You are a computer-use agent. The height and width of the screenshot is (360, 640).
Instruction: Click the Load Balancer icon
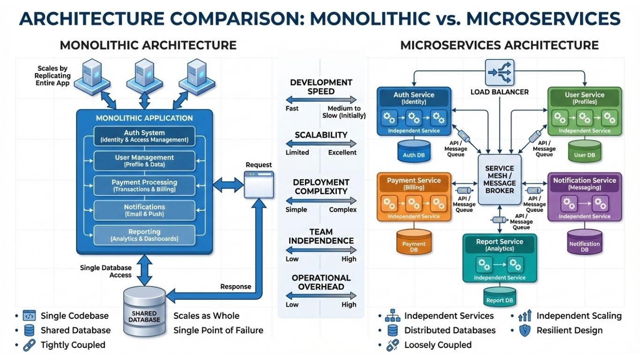[x=499, y=73]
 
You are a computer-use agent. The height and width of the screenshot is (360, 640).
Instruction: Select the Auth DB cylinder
[x=414, y=151]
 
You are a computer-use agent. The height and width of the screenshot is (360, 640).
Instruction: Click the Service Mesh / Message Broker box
[x=499, y=180]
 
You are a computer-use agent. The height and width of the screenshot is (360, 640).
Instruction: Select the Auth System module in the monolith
[x=144, y=136]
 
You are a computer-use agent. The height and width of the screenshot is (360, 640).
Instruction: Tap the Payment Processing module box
[x=144, y=186]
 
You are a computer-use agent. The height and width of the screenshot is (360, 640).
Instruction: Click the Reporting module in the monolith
[x=144, y=235]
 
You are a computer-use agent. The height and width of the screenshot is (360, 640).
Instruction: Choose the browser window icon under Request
[x=258, y=184]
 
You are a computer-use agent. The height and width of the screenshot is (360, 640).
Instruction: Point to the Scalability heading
[x=321, y=135]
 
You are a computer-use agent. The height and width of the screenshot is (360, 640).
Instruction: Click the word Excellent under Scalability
[x=342, y=152]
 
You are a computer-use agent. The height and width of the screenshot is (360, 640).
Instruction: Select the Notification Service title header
[x=584, y=183]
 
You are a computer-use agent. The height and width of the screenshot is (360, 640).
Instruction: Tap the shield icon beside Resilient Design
[x=524, y=330]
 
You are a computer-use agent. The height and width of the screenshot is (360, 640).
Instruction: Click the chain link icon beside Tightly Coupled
[x=29, y=345]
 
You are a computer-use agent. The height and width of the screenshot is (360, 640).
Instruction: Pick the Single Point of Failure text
[x=218, y=330]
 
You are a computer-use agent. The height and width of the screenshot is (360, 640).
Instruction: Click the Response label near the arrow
[x=236, y=286]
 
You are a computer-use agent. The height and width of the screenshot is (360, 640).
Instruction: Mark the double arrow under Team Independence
[x=321, y=250]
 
